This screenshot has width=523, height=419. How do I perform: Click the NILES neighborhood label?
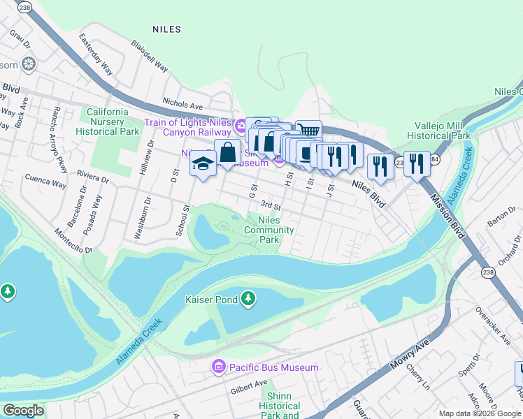pyautogui.click(x=166, y=29)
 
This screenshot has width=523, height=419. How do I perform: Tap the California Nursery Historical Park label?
pyautogui.click(x=108, y=122)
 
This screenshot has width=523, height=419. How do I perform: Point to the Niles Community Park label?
pyautogui.click(x=271, y=230)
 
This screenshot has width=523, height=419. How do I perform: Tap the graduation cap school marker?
pyautogui.click(x=203, y=164)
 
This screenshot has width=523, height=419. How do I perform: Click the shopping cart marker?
pyautogui.click(x=308, y=131)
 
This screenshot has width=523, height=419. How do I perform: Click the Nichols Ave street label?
pyautogui.click(x=182, y=104)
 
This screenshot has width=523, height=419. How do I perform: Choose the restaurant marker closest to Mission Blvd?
pyautogui.click(x=417, y=165)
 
